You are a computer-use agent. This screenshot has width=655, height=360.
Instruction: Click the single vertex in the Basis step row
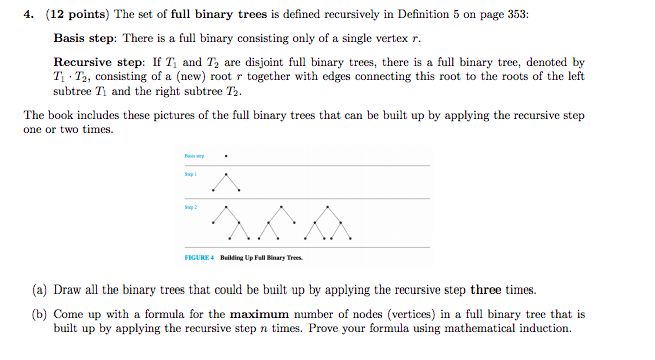(229, 156)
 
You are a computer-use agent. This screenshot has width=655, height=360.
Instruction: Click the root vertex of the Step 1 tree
(229, 174)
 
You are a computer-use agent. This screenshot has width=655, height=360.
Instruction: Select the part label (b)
(38, 313)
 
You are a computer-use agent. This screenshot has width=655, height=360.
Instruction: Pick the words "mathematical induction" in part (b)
(512, 327)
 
